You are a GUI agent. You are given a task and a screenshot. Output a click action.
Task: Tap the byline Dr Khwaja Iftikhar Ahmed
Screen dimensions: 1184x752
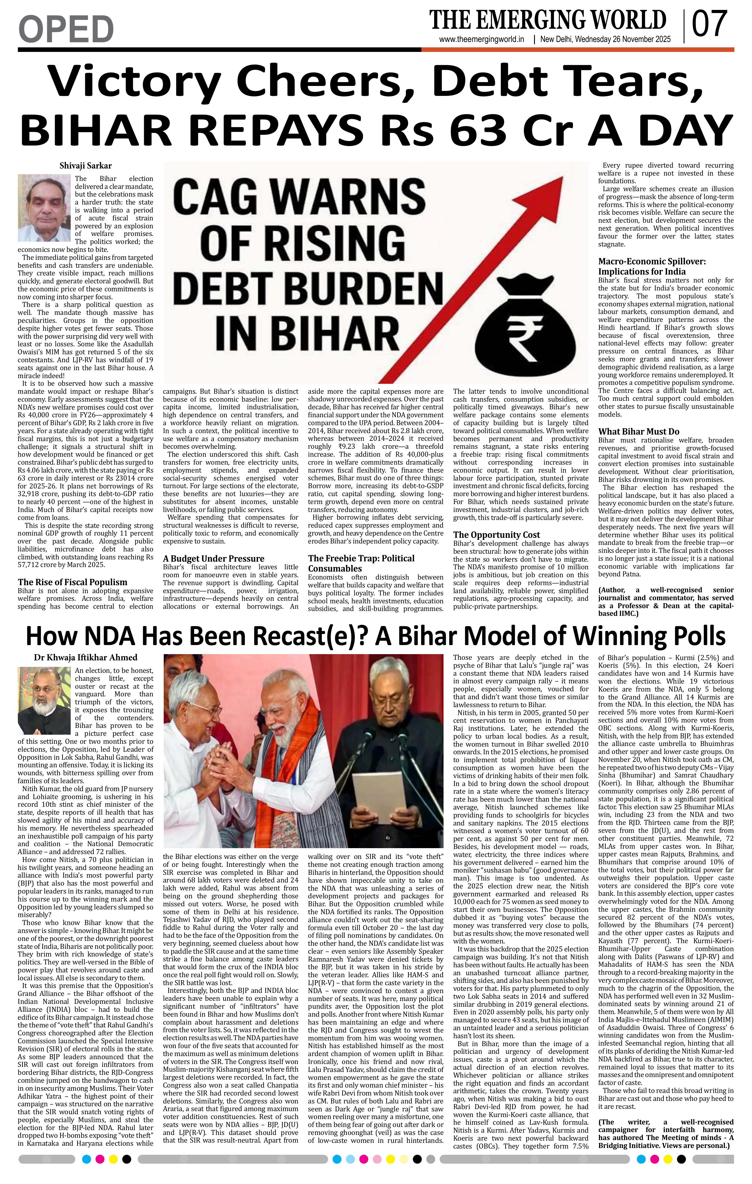[x=86, y=658]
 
